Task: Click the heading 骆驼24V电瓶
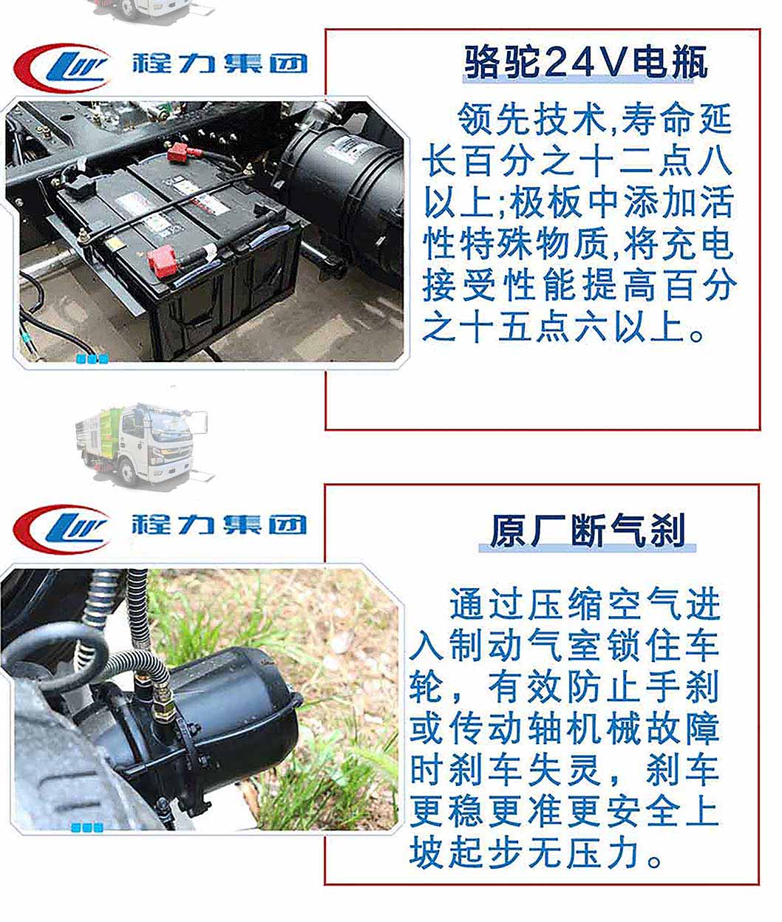[586, 63]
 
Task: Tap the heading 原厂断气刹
[588, 530]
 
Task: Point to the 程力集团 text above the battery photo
[220, 64]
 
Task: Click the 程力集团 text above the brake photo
[220, 525]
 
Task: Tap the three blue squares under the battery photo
[92, 358]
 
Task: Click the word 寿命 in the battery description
[656, 119]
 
